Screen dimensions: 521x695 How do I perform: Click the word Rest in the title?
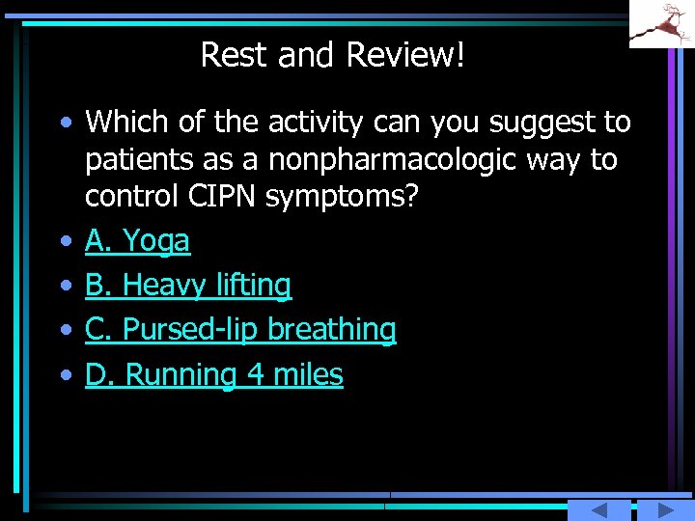(236, 55)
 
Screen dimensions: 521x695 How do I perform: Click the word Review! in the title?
(405, 55)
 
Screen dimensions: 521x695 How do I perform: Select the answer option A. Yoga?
(137, 241)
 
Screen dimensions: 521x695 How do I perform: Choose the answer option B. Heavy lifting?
(187, 286)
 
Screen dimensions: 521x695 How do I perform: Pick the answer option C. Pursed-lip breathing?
(239, 330)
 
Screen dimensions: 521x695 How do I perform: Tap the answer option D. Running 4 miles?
(213, 374)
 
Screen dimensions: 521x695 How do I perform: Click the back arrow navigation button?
(598, 510)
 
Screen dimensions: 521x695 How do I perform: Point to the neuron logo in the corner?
(661, 23)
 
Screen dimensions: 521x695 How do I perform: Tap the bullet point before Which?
(64, 123)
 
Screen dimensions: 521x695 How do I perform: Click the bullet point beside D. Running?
(64, 375)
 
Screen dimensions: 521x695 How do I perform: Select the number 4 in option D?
(256, 374)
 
